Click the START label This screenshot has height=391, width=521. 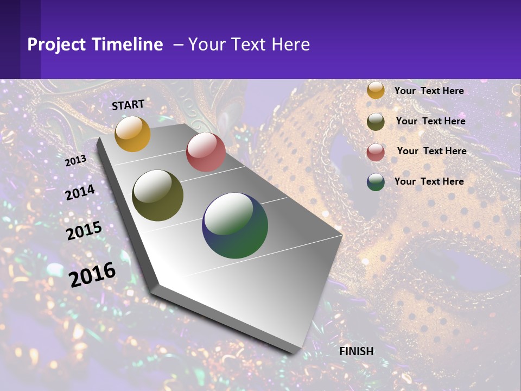tap(128, 104)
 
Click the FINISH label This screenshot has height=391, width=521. tap(357, 351)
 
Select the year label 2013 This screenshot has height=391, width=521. tap(75, 161)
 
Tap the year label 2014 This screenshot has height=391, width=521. tap(80, 192)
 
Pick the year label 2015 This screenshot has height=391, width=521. tap(84, 231)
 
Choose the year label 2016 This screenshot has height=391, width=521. tap(92, 274)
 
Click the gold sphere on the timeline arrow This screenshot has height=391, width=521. tap(132, 134)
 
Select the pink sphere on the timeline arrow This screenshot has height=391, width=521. tap(206, 152)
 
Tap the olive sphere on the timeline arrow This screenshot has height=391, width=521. tap(158, 195)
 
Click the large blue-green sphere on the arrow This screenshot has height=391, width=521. tap(235, 225)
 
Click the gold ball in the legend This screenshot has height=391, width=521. tap(376, 91)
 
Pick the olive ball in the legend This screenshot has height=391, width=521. tap(376, 122)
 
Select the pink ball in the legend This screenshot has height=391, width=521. tap(376, 152)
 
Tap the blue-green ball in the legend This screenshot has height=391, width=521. tap(376, 182)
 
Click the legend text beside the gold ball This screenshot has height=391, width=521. tap(429, 91)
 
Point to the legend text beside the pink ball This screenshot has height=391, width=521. tap(431, 151)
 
